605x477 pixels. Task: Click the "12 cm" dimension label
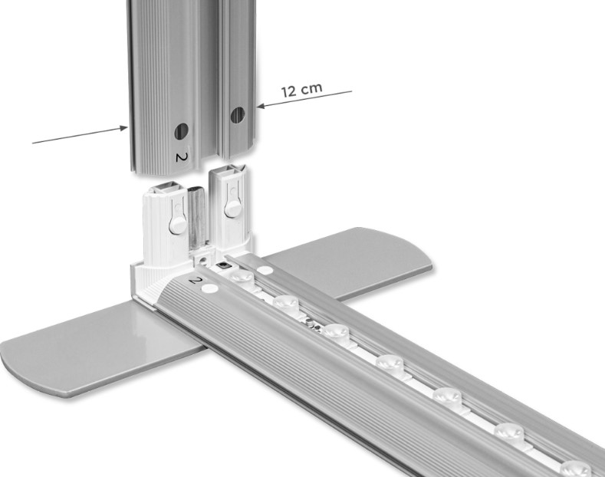(x=301, y=90)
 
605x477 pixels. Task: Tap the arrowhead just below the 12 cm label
(x=261, y=105)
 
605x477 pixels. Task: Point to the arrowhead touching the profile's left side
(x=123, y=128)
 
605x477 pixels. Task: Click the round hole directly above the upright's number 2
(x=181, y=132)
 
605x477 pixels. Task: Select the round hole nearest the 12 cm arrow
(x=237, y=115)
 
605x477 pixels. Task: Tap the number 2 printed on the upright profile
(x=181, y=157)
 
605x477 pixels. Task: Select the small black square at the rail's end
(x=222, y=265)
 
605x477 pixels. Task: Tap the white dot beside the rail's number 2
(x=209, y=288)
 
